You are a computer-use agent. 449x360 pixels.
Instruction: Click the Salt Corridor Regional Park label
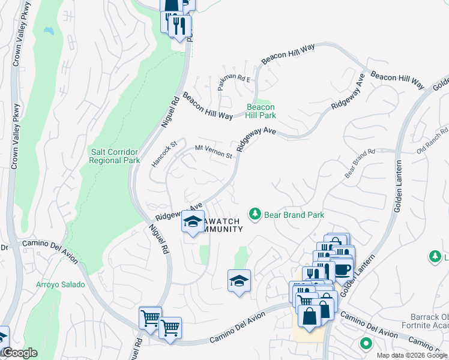point(114,156)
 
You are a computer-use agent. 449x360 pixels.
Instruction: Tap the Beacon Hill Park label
point(261,111)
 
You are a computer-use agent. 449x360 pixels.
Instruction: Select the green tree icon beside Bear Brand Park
point(255,214)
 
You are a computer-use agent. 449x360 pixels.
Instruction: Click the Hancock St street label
point(165,154)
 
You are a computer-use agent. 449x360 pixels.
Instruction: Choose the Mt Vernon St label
point(214,151)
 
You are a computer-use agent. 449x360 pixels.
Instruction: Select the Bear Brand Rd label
point(360,163)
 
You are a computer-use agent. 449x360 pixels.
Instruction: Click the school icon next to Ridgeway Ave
point(193,221)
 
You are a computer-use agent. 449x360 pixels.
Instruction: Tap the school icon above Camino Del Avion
point(239,280)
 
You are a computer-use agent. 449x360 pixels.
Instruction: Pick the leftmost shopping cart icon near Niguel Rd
point(149,317)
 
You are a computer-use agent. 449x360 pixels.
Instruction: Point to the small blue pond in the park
point(47,29)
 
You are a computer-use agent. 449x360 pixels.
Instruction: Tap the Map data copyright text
point(411,355)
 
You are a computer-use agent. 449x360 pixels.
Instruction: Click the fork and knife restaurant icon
point(178,25)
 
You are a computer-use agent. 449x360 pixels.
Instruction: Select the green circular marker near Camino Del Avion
point(365,344)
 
